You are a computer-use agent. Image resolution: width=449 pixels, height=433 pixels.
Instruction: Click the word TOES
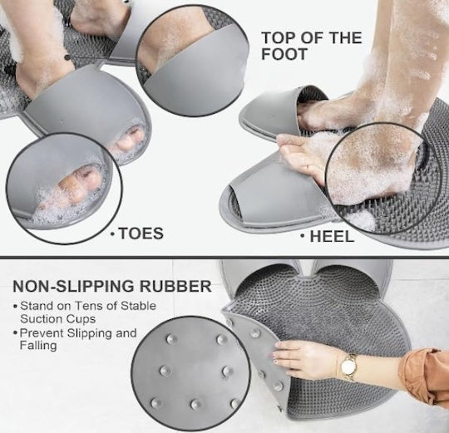click(141, 233)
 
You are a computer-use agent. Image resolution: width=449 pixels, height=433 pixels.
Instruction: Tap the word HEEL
click(332, 237)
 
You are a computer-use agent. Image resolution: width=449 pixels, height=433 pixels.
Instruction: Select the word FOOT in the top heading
click(284, 54)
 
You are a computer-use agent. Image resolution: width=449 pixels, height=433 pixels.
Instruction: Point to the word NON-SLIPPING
click(73, 286)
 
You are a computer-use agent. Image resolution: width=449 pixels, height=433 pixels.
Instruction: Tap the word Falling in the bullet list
click(38, 346)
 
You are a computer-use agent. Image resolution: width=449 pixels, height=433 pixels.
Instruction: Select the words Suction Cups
click(58, 319)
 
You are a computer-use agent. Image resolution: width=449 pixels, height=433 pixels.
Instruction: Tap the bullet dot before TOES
click(113, 234)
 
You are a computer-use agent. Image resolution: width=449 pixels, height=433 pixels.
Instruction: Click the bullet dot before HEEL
click(303, 235)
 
